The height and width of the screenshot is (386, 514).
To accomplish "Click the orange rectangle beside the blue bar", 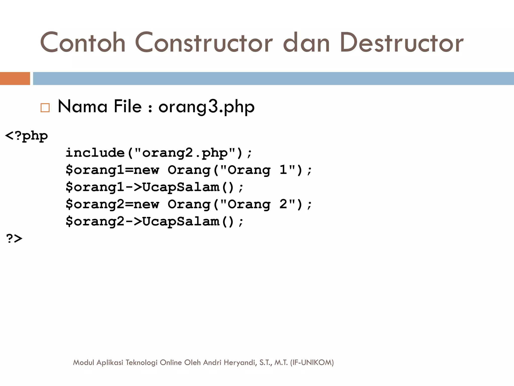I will [x=15, y=78].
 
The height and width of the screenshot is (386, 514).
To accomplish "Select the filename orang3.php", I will [x=206, y=107].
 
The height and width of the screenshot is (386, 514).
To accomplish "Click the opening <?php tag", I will [x=26, y=136].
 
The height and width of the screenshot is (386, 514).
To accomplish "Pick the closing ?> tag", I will [x=14, y=238].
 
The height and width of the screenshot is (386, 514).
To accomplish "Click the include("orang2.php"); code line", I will [x=159, y=153].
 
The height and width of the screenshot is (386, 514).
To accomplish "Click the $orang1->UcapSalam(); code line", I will [x=154, y=187].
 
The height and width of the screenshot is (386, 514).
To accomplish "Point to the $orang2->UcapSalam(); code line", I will [x=154, y=221].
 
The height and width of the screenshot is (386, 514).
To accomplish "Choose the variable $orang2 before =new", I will [x=95, y=204].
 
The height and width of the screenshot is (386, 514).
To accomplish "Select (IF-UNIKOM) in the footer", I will [x=312, y=362].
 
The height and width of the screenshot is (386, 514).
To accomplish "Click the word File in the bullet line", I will [x=127, y=106].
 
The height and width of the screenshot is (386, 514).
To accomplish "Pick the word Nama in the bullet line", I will [x=83, y=106].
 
